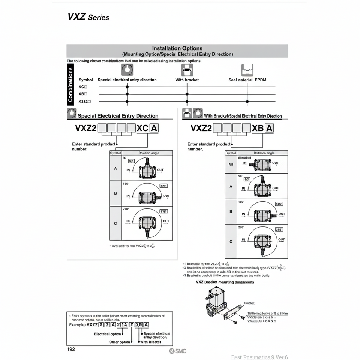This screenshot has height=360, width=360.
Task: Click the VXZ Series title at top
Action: [x=88, y=17]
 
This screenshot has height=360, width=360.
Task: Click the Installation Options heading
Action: [x=177, y=48]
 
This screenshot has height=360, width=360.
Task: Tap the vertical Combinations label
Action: [x=70, y=84]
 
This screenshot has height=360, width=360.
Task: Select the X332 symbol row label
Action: [x=85, y=101]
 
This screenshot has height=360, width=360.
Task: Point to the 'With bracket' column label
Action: [x=187, y=80]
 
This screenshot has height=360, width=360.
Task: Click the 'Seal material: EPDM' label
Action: [x=247, y=80]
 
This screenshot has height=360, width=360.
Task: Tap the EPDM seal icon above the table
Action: [x=247, y=69]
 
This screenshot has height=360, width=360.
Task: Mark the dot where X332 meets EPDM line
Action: [x=247, y=101]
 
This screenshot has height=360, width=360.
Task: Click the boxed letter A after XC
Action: [x=154, y=128]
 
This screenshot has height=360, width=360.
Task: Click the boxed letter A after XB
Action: [x=269, y=128]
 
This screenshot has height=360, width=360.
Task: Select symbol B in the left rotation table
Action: [x=115, y=193]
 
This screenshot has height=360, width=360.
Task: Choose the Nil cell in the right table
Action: [x=231, y=164]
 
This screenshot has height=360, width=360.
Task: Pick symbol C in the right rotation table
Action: [x=231, y=241]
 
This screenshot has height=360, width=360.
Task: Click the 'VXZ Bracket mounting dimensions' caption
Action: [x=225, y=282]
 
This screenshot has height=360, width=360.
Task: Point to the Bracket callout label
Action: [x=249, y=303]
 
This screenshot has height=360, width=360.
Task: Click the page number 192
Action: [x=71, y=349]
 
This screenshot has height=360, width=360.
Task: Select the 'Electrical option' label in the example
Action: [x=107, y=334]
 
